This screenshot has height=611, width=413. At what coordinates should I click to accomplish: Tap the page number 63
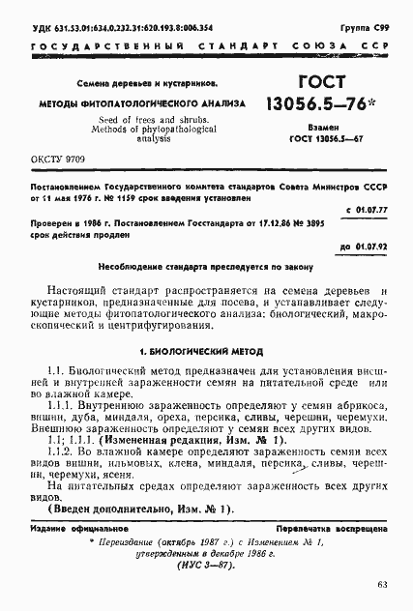382,583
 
